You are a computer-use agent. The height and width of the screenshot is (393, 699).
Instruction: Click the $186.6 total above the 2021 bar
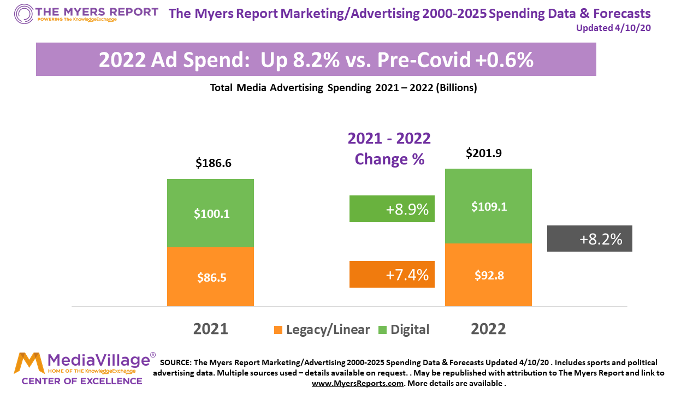pyautogui.click(x=214, y=163)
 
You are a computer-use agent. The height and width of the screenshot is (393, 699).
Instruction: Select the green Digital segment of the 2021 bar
pyautogui.click(x=210, y=213)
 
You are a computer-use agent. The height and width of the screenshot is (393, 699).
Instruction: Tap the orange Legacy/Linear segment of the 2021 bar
pyautogui.click(x=210, y=277)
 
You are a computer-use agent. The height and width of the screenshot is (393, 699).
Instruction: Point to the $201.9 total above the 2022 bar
pyautogui.click(x=484, y=154)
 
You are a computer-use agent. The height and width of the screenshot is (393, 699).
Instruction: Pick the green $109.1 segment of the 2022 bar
pyautogui.click(x=488, y=206)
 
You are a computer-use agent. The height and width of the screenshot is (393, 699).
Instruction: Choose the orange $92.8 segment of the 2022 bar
pyautogui.click(x=488, y=275)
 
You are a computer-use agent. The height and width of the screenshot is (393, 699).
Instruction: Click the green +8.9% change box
pyautogui.click(x=392, y=209)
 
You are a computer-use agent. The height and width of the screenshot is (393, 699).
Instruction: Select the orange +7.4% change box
pyautogui.click(x=392, y=275)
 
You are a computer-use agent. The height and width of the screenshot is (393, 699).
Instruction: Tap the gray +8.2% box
pyautogui.click(x=590, y=239)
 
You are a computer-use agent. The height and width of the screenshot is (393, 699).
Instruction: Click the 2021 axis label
pyautogui.click(x=210, y=329)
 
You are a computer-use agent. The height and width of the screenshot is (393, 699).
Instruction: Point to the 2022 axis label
pyautogui.click(x=488, y=329)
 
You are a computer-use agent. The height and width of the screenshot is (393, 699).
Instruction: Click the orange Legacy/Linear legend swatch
pyautogui.click(x=278, y=330)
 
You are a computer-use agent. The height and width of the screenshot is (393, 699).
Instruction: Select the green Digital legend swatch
pyautogui.click(x=382, y=330)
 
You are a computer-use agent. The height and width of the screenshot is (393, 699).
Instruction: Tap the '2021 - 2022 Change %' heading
pyautogui.click(x=389, y=148)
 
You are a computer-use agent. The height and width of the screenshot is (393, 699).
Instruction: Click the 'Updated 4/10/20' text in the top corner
pyautogui.click(x=613, y=28)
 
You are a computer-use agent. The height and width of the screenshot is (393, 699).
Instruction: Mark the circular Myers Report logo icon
pyautogui.click(x=23, y=13)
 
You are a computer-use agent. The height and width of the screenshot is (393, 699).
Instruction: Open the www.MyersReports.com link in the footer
pyautogui.click(x=358, y=384)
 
